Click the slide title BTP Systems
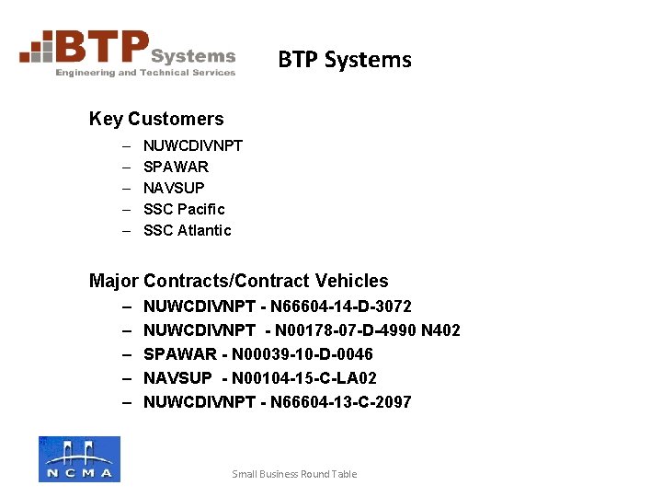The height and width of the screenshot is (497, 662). [x=345, y=60]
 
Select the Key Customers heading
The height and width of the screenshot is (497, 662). [x=156, y=119]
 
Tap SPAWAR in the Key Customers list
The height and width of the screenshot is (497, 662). [x=176, y=167]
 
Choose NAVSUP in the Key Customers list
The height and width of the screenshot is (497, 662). [x=174, y=188]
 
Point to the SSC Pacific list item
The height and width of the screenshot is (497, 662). [x=184, y=209]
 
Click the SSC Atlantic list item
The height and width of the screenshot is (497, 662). [x=188, y=230]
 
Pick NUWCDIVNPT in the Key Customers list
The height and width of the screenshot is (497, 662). [x=193, y=145]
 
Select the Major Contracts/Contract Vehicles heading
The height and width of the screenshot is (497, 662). [x=239, y=281]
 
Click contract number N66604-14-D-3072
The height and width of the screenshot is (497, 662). [x=341, y=306]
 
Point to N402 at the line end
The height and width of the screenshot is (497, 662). [x=440, y=329]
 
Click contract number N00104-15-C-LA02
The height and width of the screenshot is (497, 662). [x=305, y=377]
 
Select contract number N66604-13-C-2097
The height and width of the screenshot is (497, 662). [x=341, y=401]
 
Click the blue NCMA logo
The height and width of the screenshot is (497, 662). [x=79, y=458]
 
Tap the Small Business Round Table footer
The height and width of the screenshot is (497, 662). [x=294, y=474]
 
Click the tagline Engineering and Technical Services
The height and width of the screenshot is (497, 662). [x=145, y=73]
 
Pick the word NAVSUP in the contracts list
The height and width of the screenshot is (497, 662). [x=178, y=377]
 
